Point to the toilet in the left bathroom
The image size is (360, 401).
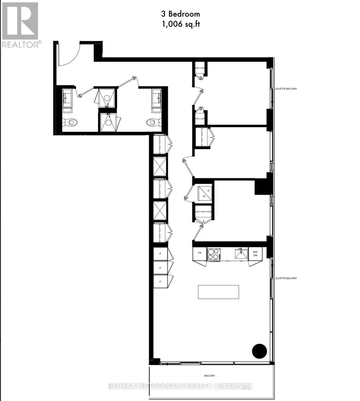tap(70, 123)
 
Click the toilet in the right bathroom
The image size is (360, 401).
tap(152, 123)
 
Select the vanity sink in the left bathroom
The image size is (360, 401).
tap(67, 97)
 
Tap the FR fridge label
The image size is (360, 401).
tap(200, 253)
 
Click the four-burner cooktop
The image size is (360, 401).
tap(213, 254)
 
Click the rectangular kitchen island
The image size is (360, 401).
tap(218, 292)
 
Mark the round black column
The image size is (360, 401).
tap(259, 351)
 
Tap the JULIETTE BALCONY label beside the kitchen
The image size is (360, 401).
tap(286, 278)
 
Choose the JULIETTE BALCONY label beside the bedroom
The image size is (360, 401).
tap(286, 89)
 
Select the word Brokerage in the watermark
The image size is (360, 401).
tap(234, 386)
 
